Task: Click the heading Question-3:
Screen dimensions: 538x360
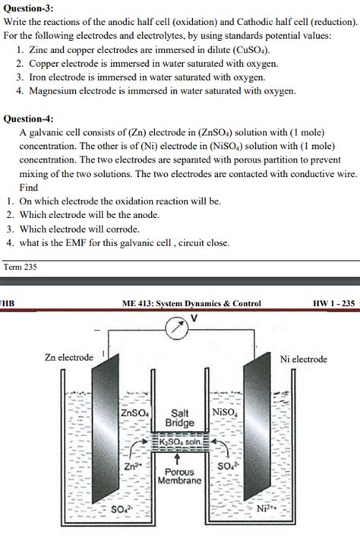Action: coord(30,9)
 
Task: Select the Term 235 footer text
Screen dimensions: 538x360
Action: coord(21,267)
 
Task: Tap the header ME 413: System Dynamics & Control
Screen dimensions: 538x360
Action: coord(191,304)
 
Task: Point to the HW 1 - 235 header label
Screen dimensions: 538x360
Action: coord(333,304)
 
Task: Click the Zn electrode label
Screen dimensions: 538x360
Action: coord(69,357)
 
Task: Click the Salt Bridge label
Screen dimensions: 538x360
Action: coord(181,417)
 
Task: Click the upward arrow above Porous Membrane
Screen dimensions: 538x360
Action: coord(178,458)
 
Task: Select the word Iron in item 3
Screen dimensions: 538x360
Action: coord(39,78)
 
